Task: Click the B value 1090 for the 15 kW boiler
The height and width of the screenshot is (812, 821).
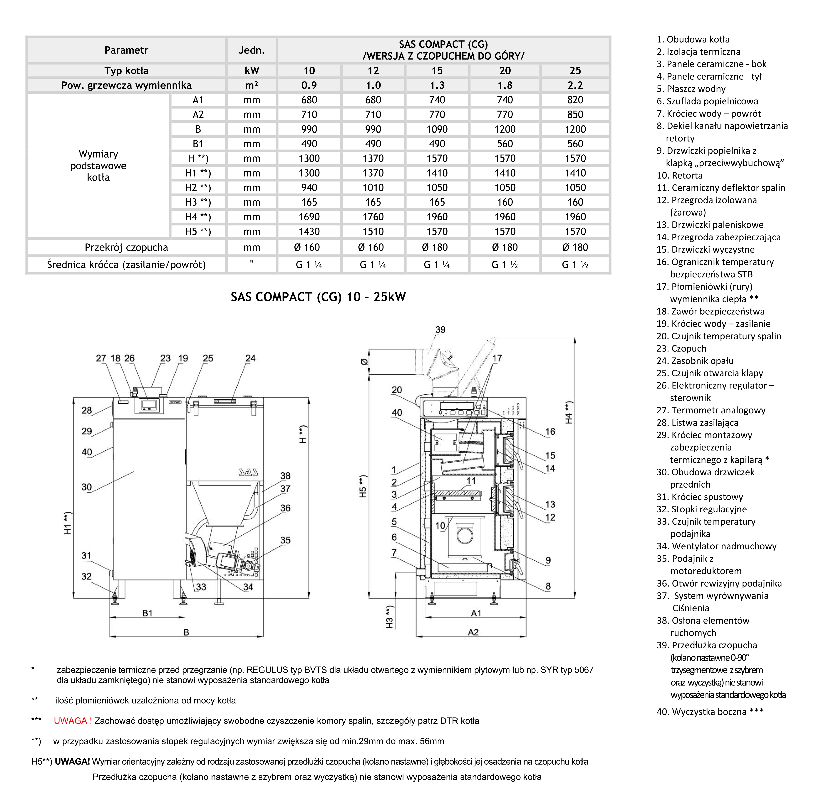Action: [437, 129]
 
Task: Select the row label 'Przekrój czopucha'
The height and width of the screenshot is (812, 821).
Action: [126, 247]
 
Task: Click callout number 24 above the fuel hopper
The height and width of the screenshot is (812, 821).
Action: [250, 358]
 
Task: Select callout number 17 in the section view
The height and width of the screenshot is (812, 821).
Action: [497, 358]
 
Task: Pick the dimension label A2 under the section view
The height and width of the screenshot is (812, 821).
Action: [473, 632]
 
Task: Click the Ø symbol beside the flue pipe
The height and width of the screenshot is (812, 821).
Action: [364, 362]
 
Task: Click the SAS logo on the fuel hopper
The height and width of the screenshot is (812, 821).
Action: [248, 472]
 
